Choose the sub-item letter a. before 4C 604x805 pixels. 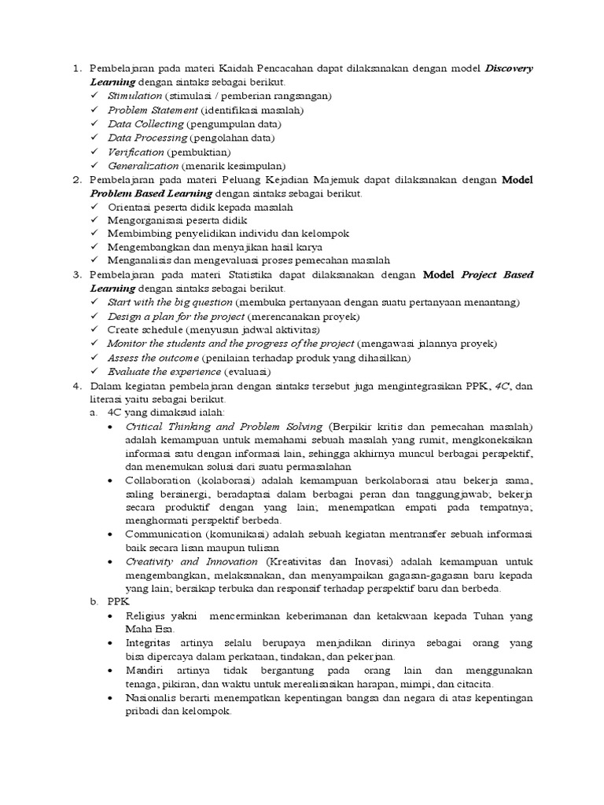[x=94, y=411]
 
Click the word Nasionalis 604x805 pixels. [x=152, y=697]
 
